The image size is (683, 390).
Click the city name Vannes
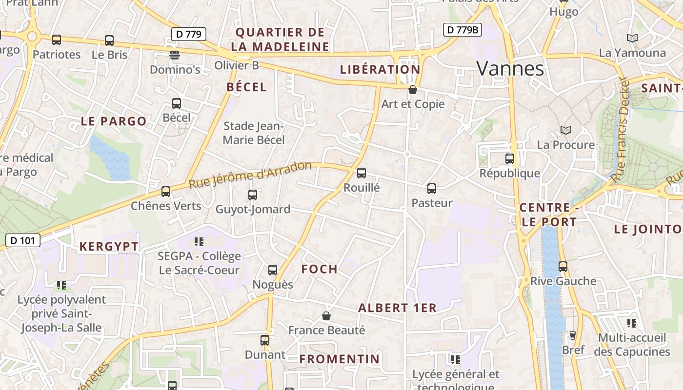[510, 69]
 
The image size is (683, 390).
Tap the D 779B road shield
[462, 30]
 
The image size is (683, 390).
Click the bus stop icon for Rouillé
[362, 173]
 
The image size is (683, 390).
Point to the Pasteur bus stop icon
[432, 189]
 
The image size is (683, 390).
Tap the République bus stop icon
[510, 159]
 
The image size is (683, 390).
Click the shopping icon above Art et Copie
[413, 90]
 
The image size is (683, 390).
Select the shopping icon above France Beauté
[326, 316]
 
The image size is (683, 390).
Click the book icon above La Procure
[566, 130]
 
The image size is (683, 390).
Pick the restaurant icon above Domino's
[175, 55]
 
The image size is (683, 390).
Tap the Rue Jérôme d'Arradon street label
[250, 175]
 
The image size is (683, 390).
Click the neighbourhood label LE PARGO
[114, 121]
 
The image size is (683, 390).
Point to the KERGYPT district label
[109, 247]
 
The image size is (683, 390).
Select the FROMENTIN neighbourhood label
[340, 359]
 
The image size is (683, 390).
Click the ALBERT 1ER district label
[397, 308]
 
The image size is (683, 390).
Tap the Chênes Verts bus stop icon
[166, 192]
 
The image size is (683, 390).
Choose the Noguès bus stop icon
[273, 270]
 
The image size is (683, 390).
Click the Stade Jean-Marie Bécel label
[254, 133]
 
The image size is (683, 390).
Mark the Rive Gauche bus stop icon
[563, 267]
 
